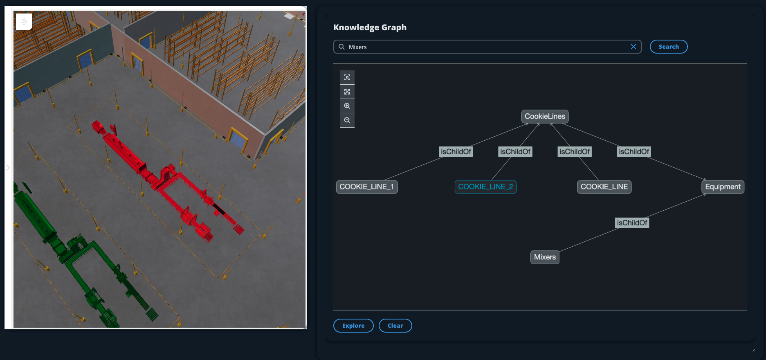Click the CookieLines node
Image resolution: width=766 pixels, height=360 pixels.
click(x=545, y=117)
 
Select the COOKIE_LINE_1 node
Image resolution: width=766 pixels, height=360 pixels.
click(x=366, y=187)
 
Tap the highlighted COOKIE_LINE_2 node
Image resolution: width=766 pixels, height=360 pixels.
click(x=485, y=187)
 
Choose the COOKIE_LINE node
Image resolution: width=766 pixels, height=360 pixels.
click(x=604, y=187)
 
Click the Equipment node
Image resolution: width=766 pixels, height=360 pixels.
click(x=723, y=187)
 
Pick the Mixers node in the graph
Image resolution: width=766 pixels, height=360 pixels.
click(x=545, y=257)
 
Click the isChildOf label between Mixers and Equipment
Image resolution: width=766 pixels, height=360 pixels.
click(x=632, y=223)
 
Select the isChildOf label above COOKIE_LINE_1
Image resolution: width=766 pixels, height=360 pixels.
click(x=456, y=152)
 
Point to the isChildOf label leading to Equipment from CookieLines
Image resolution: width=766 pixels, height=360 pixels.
click(x=633, y=152)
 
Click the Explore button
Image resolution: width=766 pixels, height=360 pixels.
click(x=353, y=326)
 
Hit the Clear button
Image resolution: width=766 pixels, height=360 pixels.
click(x=395, y=326)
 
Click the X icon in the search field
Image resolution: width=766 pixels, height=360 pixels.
click(x=633, y=47)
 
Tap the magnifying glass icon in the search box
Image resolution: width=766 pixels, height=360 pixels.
click(x=341, y=47)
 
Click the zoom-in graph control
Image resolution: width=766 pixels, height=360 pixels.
click(x=347, y=106)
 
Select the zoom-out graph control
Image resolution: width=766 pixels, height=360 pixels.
click(x=347, y=120)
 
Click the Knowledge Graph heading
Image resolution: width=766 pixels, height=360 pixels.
click(x=370, y=27)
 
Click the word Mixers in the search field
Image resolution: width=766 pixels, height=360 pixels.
click(x=358, y=47)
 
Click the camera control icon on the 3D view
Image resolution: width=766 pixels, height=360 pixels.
click(x=24, y=22)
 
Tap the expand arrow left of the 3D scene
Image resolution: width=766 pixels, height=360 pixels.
click(x=8, y=168)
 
